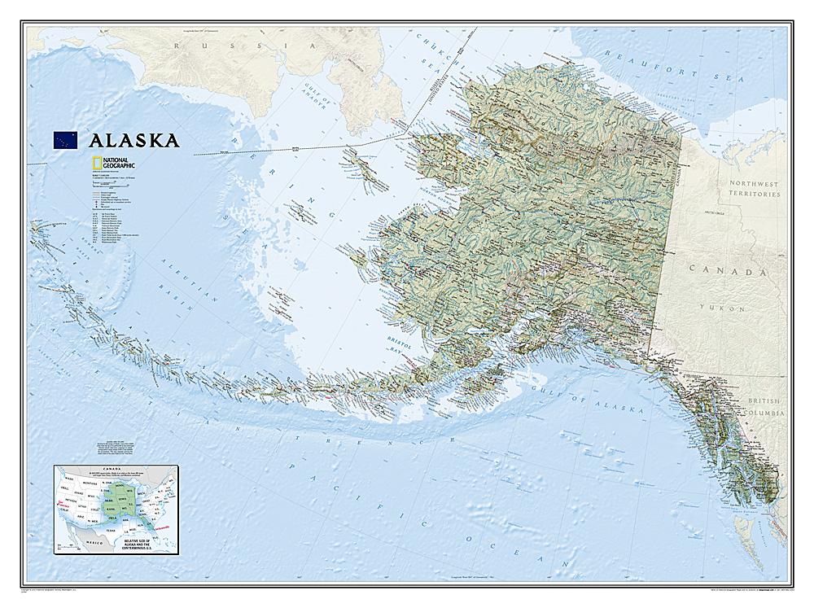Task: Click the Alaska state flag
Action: click(x=65, y=139)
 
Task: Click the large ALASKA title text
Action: click(x=135, y=140)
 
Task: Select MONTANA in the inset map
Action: click(x=90, y=483)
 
